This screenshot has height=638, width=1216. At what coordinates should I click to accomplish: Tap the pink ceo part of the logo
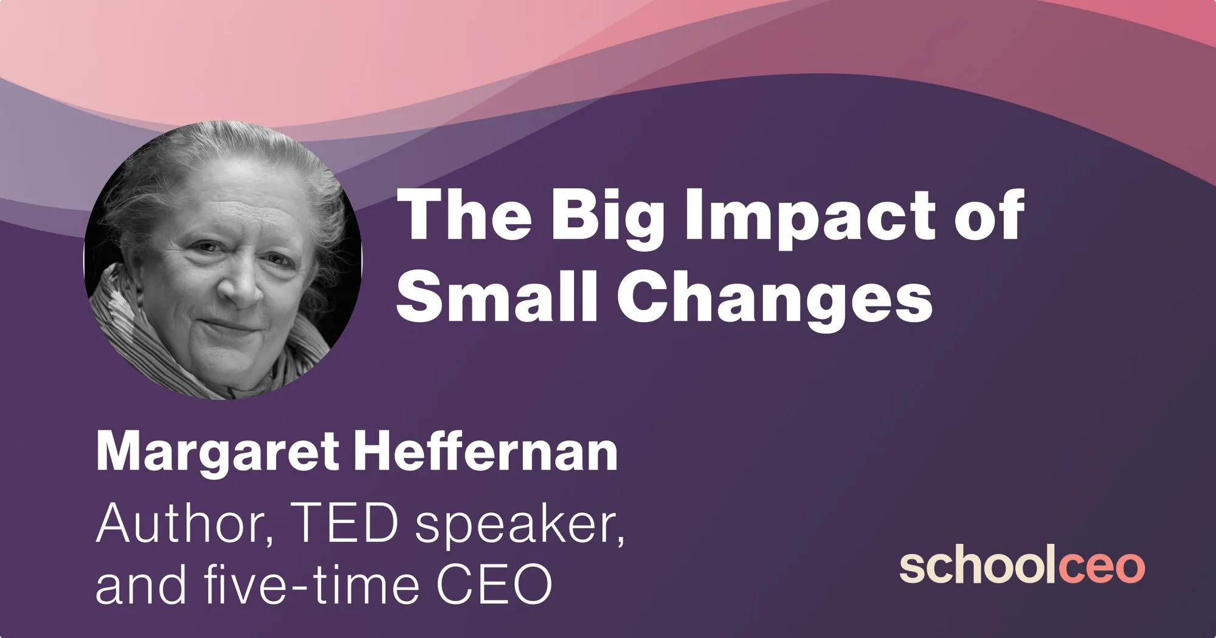pos(1102,568)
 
